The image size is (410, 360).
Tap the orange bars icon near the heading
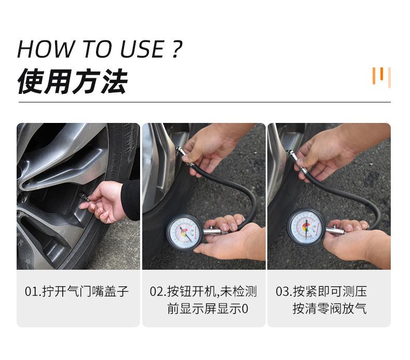381,77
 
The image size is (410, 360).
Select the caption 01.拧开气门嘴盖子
77,291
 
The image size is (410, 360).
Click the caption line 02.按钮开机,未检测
203,291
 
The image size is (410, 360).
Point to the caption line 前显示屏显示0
208,309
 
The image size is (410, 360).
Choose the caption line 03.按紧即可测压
321,291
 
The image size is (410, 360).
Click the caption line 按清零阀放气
330,309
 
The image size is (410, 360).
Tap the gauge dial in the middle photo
183,231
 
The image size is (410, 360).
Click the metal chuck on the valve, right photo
292,156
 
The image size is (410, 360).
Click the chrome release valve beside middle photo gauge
212,232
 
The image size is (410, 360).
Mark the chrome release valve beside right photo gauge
335,230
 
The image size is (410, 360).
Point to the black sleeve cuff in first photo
131,199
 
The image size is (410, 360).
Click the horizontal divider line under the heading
204,102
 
